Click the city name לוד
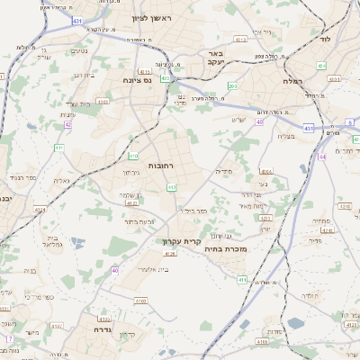click(x=325, y=40)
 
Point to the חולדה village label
click(x=306, y=294)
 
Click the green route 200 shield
click(x=232, y=85)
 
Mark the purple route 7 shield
click(x=10, y=338)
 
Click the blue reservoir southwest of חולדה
click(x=296, y=323)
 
